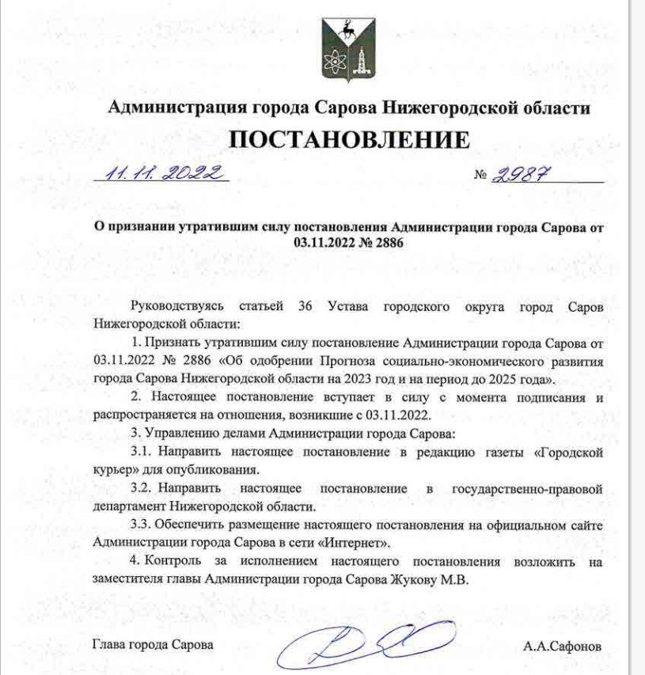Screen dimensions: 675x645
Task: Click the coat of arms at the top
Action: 348,49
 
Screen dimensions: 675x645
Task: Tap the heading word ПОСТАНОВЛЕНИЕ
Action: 348,139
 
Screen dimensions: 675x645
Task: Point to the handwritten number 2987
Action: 520,174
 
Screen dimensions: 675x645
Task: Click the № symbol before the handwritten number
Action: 480,176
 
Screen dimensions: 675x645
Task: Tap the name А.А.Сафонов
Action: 562,647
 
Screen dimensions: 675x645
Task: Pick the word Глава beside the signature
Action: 109,646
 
